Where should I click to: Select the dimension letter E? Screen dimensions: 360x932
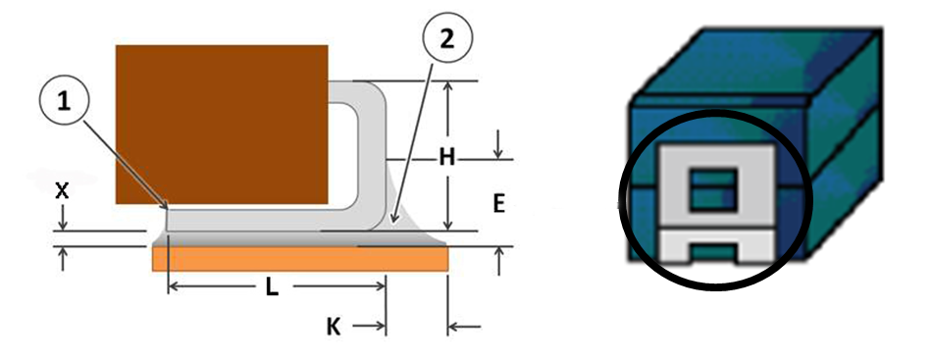[498, 203]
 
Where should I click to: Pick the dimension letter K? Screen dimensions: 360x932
[335, 326]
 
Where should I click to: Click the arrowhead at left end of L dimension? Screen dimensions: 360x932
[175, 287]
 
